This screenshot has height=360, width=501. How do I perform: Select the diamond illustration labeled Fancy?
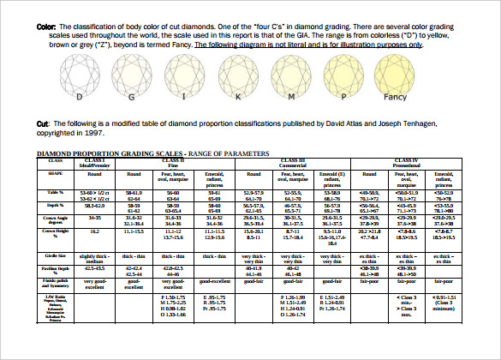pos(392,72)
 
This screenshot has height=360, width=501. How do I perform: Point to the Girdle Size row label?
pos(56,255)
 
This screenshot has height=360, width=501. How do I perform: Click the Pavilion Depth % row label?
pos(56,270)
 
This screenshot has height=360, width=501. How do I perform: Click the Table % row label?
pos(56,194)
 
